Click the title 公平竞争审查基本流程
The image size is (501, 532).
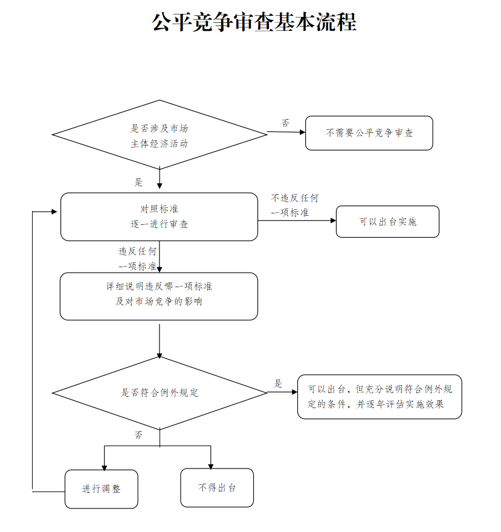[254, 22]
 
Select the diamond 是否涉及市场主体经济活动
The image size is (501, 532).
[160, 135]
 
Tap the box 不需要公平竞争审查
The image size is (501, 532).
[369, 133]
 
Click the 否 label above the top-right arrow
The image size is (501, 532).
[286, 123]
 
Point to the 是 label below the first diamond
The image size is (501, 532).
[138, 182]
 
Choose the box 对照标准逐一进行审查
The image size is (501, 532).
[159, 217]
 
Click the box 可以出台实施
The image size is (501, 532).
[388, 221]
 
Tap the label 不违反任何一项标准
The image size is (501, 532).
[295, 206]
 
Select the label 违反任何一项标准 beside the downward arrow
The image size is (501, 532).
[138, 259]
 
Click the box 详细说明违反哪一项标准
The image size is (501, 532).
[159, 296]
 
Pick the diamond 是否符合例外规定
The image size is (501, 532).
[160, 393]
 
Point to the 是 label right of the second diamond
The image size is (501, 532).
[278, 384]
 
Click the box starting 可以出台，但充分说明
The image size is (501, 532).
[380, 397]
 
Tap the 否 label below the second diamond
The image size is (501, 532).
[138, 435]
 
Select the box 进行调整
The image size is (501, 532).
[102, 489]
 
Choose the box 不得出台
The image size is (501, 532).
[217, 488]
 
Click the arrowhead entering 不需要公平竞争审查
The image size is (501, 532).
[303, 132]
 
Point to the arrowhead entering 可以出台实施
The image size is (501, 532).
[333, 221]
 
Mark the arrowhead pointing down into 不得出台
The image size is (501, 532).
[211, 467]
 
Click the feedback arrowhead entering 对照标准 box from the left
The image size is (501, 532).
[54, 212]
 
